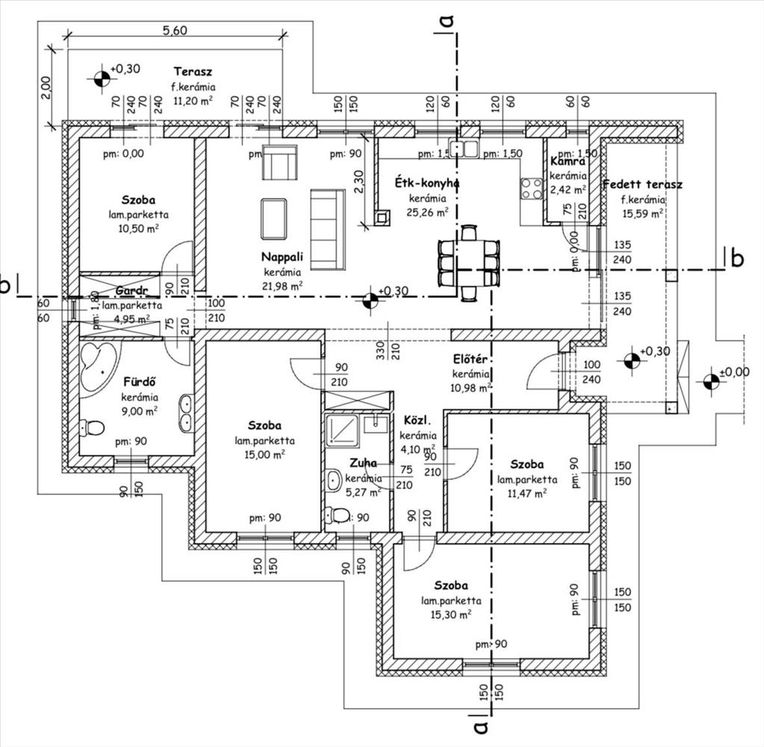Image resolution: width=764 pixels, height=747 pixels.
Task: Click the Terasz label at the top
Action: [193, 72]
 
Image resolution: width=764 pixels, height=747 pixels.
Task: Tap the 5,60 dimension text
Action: [174, 30]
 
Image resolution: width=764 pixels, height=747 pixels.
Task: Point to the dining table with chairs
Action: [468, 263]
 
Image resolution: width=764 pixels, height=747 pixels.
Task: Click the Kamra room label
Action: [567, 161]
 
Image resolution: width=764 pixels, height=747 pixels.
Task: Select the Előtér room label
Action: [470, 359]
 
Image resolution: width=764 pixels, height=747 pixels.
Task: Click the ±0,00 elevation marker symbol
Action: [709, 382]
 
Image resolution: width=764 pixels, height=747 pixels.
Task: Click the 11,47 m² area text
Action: [527, 492]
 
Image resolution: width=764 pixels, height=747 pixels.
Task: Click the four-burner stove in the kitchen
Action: [532, 187]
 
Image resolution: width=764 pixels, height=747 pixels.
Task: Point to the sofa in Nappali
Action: [328, 229]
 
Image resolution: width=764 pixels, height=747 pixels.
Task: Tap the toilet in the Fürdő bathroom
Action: [94, 428]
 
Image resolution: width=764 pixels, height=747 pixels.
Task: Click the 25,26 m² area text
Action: [427, 212]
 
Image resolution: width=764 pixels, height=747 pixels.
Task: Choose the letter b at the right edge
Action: [737, 258]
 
